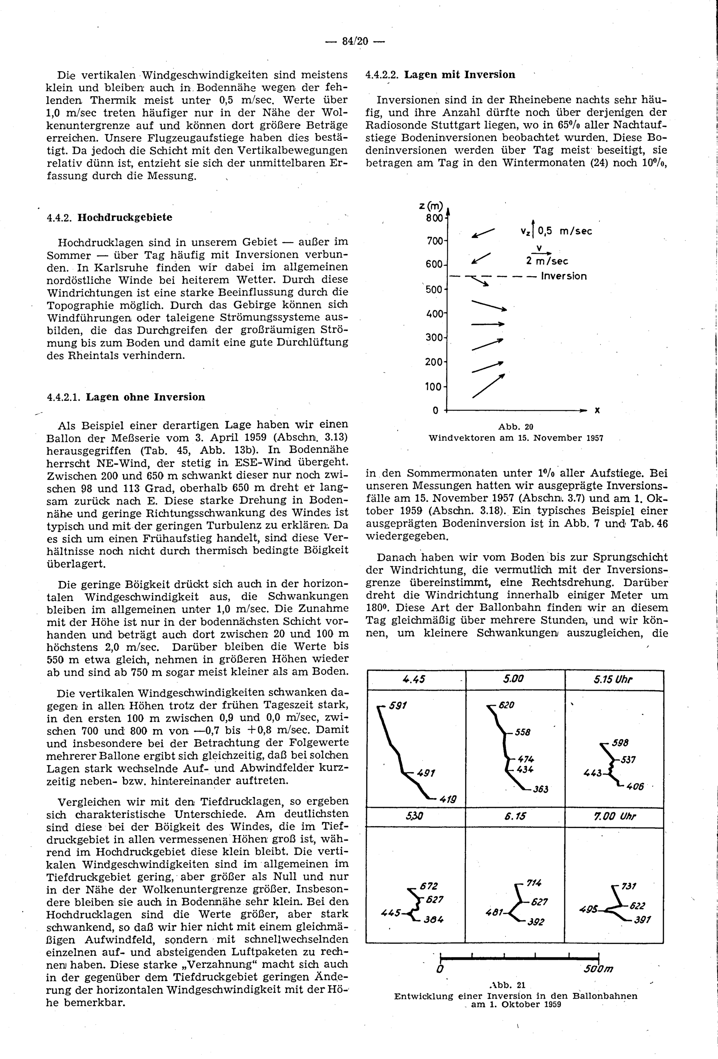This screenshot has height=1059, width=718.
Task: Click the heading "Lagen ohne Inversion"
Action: (146, 397)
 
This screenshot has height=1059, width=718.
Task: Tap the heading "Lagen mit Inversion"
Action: (460, 75)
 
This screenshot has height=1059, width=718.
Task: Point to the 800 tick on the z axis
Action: (434, 218)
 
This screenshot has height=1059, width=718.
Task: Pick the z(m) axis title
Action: (431, 206)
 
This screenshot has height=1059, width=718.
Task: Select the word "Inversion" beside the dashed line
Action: (564, 276)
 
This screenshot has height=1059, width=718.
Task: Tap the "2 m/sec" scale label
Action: (547, 261)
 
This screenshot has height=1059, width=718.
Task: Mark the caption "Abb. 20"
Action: (516, 427)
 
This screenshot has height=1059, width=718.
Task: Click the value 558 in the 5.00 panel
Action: (523, 732)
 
